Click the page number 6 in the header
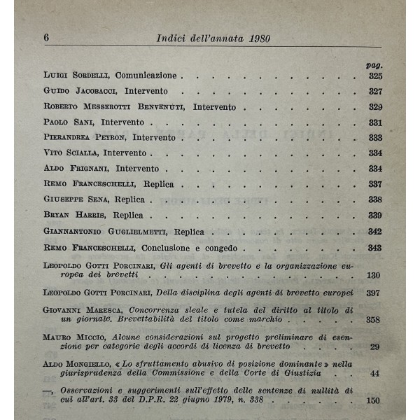tap(46, 37)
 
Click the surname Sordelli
tap(87, 75)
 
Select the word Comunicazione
tap(146, 75)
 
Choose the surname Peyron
tap(126, 138)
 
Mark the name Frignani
tap(87, 169)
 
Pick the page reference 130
tap(374, 275)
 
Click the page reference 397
tap(374, 291)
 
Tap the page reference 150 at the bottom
tap(373, 400)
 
